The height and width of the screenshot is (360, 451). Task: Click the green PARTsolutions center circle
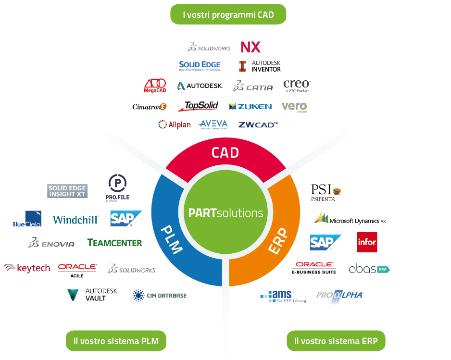tap(225, 213)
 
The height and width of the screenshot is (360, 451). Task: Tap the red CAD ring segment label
tap(225, 153)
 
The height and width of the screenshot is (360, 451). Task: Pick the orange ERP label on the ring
tap(278, 240)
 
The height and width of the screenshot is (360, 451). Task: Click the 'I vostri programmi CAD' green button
tap(228, 14)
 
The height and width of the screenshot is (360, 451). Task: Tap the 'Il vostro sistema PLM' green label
tap(115, 341)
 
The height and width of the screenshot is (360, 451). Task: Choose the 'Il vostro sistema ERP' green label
tap(336, 341)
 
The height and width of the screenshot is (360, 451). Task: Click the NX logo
tap(251, 47)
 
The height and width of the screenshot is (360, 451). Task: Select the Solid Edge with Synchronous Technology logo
tap(200, 66)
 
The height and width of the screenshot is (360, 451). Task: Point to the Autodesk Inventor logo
tap(260, 66)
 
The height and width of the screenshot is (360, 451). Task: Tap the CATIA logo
tap(252, 87)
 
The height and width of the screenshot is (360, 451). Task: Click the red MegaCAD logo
tap(155, 86)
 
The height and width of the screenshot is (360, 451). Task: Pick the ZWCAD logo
tap(258, 124)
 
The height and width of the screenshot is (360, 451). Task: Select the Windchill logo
tap(75, 219)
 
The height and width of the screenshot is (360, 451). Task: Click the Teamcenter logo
tap(115, 243)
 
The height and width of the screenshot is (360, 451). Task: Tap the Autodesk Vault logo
tap(92, 294)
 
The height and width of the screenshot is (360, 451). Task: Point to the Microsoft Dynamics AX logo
tap(350, 218)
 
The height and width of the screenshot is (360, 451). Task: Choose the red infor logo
tap(367, 242)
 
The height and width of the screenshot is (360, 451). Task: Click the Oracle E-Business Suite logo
tap(314, 268)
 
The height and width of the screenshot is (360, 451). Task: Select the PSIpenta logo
tap(326, 192)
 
